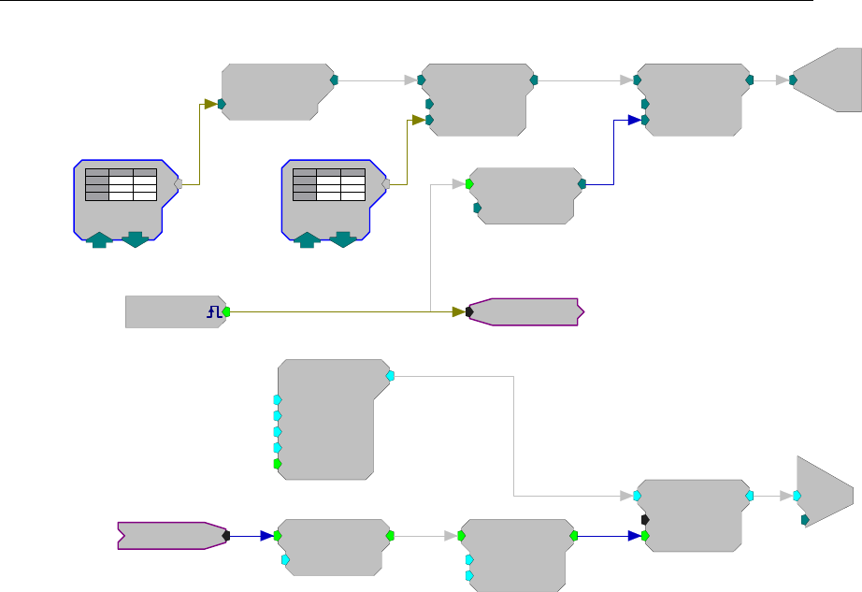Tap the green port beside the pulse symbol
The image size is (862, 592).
click(225, 311)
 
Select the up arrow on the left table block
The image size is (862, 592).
click(98, 240)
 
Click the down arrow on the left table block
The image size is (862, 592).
click(135, 240)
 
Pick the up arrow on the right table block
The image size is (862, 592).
click(307, 240)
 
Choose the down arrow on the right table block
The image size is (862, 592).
click(343, 240)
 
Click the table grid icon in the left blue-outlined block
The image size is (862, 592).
click(120, 184)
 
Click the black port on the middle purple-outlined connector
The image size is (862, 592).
click(469, 311)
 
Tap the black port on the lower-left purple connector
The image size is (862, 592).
click(226, 536)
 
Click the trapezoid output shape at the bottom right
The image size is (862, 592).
click(825, 493)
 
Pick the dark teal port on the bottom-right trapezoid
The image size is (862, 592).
click(805, 519)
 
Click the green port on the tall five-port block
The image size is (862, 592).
click(277, 464)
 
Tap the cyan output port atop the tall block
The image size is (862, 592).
click(391, 375)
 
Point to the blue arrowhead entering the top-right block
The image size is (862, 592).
click(634, 120)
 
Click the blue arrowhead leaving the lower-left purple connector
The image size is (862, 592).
click(266, 536)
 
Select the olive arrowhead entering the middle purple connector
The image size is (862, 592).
click(458, 311)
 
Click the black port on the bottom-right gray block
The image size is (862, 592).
click(645, 519)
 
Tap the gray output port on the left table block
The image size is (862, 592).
click(178, 184)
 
